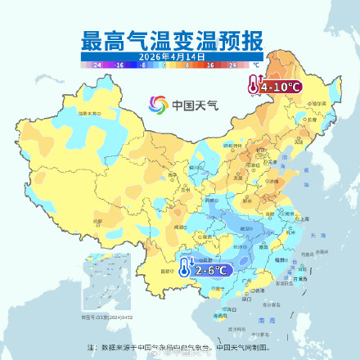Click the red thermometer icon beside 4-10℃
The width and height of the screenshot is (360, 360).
click(x=254, y=84)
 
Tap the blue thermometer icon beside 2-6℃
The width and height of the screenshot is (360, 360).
click(x=186, y=267)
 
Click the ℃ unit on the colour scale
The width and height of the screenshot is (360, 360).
click(x=255, y=63)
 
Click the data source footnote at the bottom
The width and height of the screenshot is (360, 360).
click(x=180, y=347)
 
